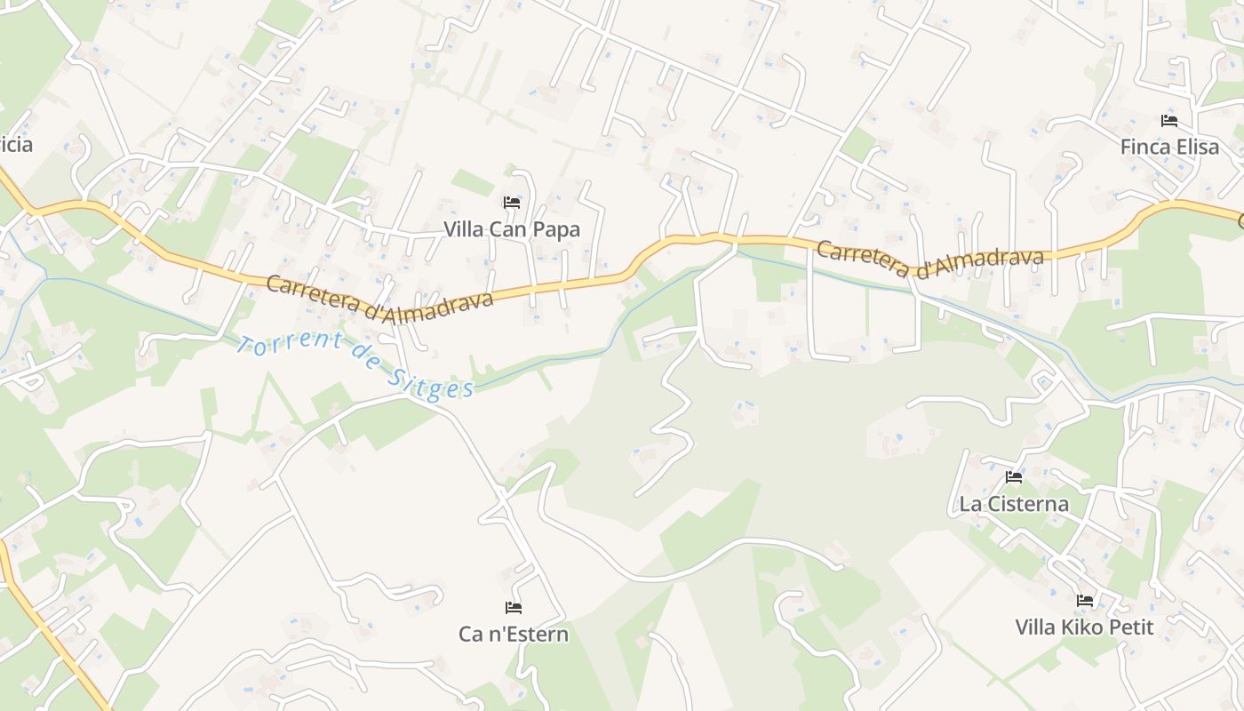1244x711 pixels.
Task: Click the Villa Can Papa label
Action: pos(511,229)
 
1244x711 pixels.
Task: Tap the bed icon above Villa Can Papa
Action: pos(511,203)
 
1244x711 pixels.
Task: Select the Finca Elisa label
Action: pos(1169,147)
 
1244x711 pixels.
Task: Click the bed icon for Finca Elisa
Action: pos(1169,121)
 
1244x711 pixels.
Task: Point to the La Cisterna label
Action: pos(1013,504)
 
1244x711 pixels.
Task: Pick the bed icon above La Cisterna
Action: pos(1013,477)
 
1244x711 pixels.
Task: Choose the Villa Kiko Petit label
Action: pos(1084,627)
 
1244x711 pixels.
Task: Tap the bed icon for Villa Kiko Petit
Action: pos(1084,601)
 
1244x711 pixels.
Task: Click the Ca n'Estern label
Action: pos(513,634)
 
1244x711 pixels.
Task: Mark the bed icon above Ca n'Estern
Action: pos(513,608)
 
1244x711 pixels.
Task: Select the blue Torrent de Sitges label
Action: pos(355,364)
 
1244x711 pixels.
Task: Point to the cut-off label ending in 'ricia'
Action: pos(15,144)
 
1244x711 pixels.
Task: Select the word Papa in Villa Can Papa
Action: pos(559,229)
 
